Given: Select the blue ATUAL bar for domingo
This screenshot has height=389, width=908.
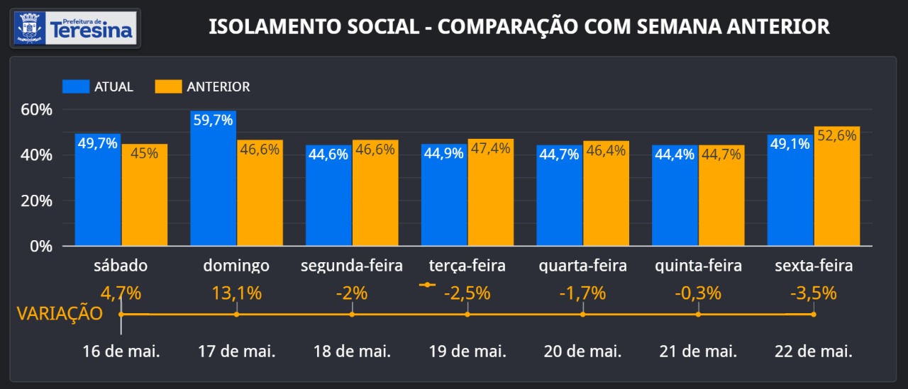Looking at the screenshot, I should (213, 181).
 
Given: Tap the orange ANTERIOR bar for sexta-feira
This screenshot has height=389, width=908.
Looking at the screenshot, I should (836, 188).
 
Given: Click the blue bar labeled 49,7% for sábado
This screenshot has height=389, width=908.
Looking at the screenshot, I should (98, 191).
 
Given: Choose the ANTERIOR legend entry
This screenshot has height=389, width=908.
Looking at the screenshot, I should (203, 86).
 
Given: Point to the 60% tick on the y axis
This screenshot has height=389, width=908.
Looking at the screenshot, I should (37, 110).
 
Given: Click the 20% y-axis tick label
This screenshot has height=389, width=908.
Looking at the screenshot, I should (37, 201).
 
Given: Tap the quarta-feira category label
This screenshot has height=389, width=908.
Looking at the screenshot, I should (582, 266).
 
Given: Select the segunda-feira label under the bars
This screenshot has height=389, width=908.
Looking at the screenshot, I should (352, 266).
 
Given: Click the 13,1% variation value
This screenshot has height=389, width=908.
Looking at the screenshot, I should (237, 293).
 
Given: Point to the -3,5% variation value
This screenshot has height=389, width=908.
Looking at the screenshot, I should (814, 293).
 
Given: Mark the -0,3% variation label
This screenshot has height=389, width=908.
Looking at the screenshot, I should (698, 293).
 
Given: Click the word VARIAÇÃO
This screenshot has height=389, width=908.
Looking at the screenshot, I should (60, 314).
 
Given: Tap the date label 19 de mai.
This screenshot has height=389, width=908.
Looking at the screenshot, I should (467, 351).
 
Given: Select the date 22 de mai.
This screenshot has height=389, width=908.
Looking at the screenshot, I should (814, 351).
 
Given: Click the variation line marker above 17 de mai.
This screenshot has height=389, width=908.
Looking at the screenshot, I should (237, 314).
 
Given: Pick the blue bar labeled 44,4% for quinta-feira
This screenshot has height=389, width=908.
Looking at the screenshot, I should (675, 196).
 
